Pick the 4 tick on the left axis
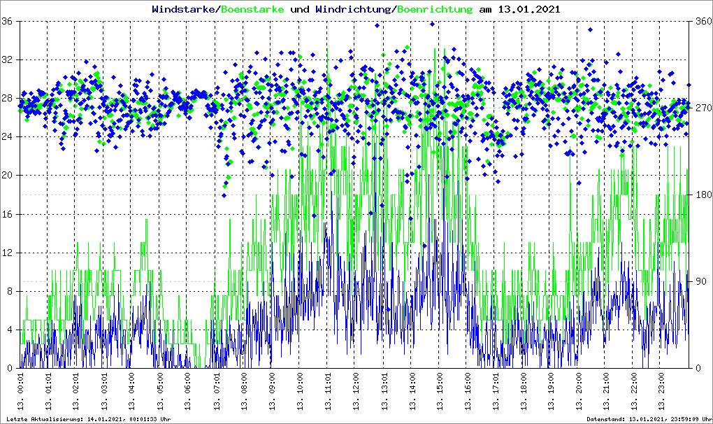[11, 330]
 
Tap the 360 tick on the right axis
[701, 21]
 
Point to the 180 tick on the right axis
[701, 195]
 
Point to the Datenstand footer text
[647, 419]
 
